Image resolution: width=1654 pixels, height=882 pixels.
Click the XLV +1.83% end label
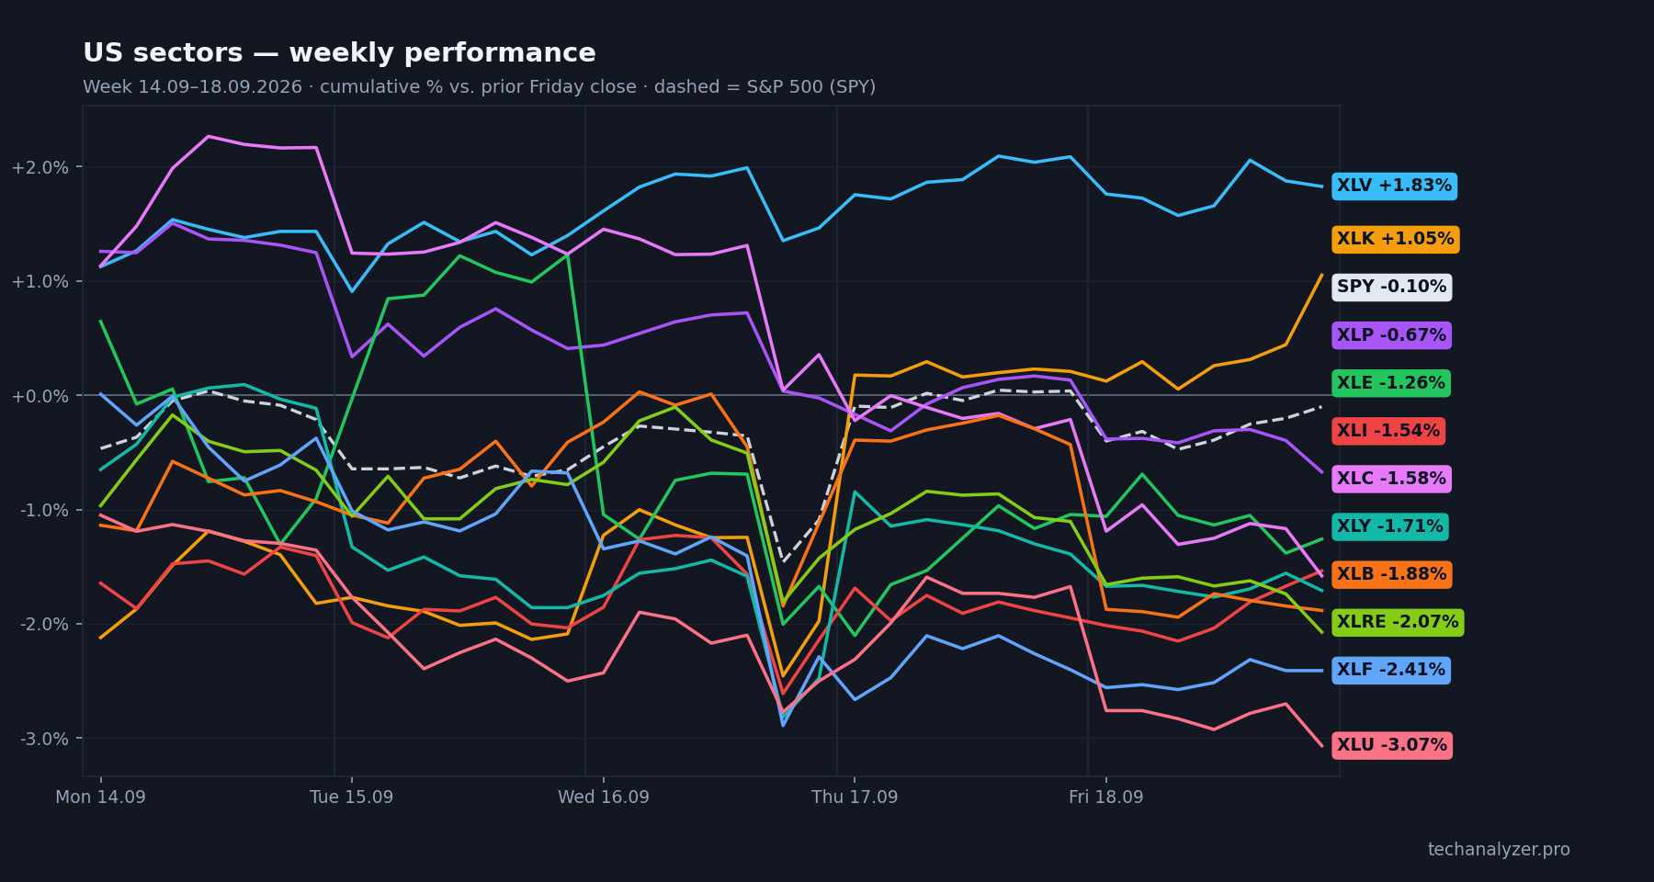point(1394,187)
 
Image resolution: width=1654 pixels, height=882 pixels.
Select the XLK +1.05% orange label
point(1395,240)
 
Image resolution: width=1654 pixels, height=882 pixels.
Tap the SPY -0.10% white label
point(1391,288)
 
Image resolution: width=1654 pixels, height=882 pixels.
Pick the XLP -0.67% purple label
point(1391,335)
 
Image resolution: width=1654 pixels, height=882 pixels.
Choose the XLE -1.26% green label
point(1391,383)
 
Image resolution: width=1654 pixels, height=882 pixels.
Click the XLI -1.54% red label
point(1388,431)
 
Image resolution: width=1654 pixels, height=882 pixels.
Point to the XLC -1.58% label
point(1391,479)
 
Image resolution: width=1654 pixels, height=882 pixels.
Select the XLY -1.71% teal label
point(1389,526)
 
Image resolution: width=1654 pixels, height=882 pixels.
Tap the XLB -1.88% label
point(1391,574)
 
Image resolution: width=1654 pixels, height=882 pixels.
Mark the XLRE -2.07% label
point(1397,622)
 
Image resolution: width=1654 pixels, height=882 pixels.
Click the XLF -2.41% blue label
point(1390,670)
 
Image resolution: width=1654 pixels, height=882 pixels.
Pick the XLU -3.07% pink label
point(1391,745)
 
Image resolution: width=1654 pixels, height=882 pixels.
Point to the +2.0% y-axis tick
point(40,167)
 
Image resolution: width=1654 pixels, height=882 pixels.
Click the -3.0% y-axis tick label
point(44,739)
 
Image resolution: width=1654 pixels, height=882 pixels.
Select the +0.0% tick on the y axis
point(40,396)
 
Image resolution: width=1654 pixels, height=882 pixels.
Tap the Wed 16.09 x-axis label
point(604,797)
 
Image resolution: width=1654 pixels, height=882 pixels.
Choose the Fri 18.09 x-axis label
point(1106,797)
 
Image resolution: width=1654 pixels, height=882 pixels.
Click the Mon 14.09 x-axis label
point(100,797)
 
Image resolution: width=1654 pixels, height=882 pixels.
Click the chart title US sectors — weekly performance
point(339,53)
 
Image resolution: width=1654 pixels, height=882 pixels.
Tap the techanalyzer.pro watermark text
point(1499,850)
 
